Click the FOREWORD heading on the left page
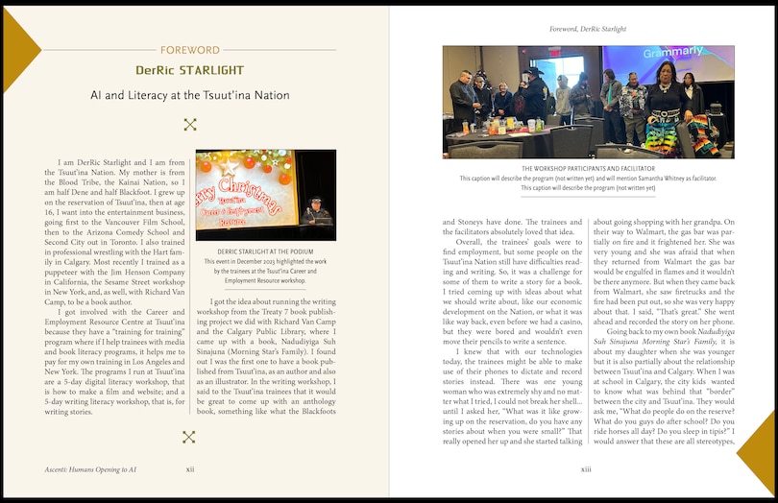pyautogui.click(x=189, y=50)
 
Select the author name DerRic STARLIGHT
pyautogui.click(x=189, y=70)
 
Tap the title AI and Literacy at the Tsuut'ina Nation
pyautogui.click(x=189, y=96)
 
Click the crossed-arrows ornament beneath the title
pyautogui.click(x=189, y=124)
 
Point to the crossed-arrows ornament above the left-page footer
pyautogui.click(x=189, y=438)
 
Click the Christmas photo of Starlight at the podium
pyautogui.click(x=265, y=195)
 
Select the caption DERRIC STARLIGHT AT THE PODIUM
pyautogui.click(x=265, y=252)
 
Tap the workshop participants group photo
pyautogui.click(x=588, y=102)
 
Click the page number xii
pyautogui.click(x=189, y=469)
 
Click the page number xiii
pyautogui.click(x=586, y=469)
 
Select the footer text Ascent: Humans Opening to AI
pyautogui.click(x=84, y=469)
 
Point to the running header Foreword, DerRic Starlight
pyautogui.click(x=588, y=29)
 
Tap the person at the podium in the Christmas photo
pyautogui.click(x=312, y=208)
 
